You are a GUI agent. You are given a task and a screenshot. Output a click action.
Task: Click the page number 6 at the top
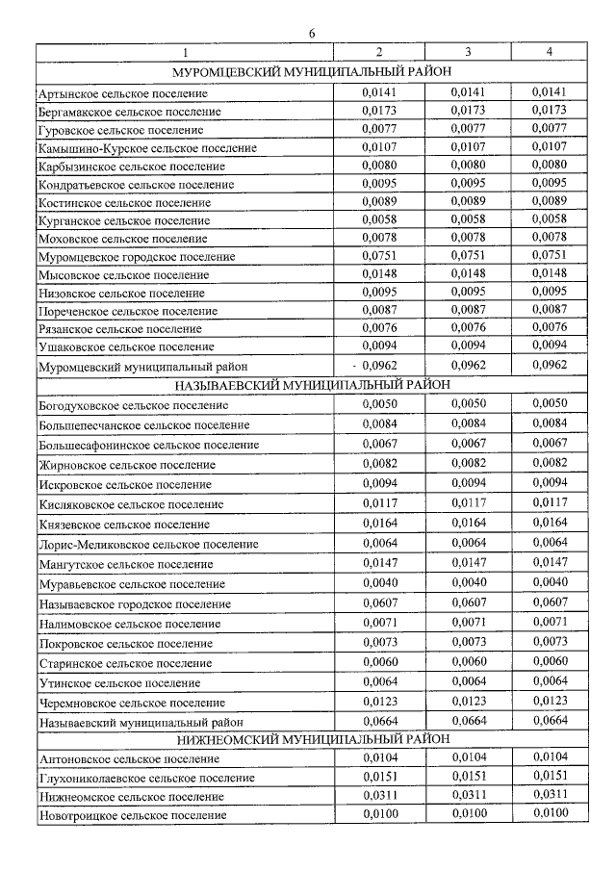tap(311, 34)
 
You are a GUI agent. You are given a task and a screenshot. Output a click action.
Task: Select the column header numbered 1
tap(186, 51)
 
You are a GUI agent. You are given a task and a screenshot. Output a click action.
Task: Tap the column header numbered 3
tap(467, 51)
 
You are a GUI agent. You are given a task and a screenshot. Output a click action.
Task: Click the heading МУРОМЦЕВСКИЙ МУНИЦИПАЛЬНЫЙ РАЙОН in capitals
tap(308, 72)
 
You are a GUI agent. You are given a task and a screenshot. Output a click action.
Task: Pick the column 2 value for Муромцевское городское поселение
tap(379, 256)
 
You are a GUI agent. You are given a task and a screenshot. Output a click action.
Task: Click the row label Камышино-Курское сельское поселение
tap(147, 148)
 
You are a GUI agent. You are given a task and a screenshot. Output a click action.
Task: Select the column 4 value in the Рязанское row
tap(548, 328)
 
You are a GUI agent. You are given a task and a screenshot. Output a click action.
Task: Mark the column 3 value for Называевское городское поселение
tap(468, 602)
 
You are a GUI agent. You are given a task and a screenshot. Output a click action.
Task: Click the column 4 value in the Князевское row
tap(548, 524)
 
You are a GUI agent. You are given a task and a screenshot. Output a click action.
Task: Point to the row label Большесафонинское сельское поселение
tap(149, 446)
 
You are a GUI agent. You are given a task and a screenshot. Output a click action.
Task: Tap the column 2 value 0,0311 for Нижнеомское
tap(379, 795)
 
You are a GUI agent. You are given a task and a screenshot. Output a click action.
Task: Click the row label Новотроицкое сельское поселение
tap(133, 816)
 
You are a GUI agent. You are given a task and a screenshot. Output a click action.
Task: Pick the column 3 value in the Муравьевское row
tap(468, 582)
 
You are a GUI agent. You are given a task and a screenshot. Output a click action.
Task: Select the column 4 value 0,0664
tap(548, 721)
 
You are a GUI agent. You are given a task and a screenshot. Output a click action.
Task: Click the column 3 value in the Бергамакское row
tap(468, 111)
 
